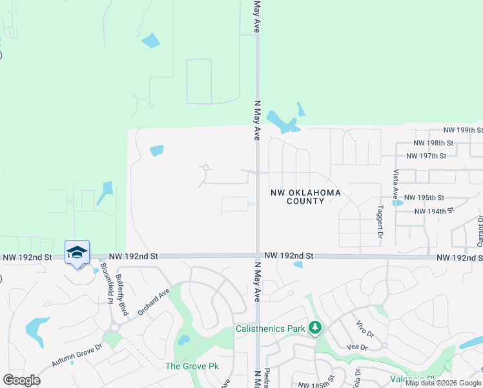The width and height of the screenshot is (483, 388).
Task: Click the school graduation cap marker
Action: click(x=77, y=252)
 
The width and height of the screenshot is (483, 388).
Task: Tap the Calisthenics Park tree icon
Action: click(x=315, y=329)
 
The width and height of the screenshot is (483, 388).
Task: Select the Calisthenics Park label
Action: click(x=269, y=329)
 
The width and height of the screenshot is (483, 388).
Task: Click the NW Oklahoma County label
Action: click(x=305, y=197)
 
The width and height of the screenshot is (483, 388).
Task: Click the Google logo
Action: click(x=22, y=380)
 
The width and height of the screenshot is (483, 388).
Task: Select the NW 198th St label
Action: click(x=429, y=142)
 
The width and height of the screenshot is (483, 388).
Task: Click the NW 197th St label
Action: click(x=426, y=156)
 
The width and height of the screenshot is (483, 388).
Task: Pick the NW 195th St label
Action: click(x=424, y=197)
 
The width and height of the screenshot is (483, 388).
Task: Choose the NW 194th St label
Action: click(x=429, y=211)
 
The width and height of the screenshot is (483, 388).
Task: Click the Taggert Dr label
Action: click(x=380, y=221)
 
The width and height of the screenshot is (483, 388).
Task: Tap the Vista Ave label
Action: click(x=396, y=185)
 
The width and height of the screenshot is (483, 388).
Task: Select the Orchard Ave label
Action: click(x=153, y=301)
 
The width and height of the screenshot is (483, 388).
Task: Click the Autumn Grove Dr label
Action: click(x=76, y=356)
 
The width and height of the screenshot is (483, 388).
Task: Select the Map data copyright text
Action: click(x=444, y=383)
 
